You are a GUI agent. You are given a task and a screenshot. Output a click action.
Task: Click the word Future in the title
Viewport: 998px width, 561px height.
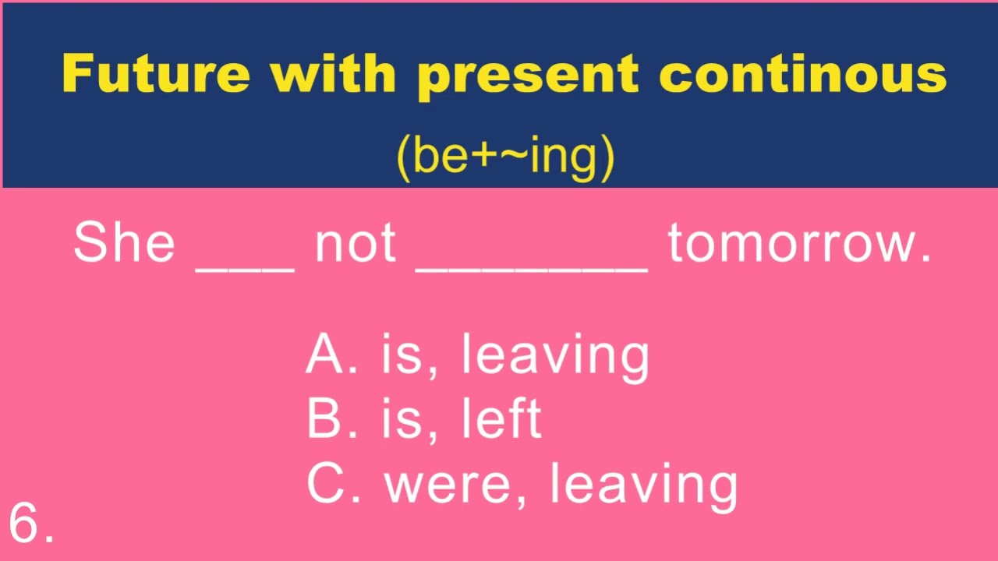click(157, 74)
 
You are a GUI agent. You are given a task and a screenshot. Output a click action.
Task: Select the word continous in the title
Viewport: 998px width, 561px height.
click(803, 74)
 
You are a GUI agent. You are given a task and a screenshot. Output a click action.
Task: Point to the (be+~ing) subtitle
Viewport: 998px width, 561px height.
click(505, 157)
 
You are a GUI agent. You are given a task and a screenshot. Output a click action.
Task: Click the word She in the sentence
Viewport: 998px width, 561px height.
click(124, 242)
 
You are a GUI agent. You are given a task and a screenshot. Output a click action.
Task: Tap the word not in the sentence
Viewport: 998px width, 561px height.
click(355, 243)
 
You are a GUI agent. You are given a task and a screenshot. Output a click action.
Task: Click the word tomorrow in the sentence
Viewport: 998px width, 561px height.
click(798, 243)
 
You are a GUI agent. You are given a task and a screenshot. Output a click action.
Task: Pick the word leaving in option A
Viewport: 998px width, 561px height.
click(554, 356)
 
